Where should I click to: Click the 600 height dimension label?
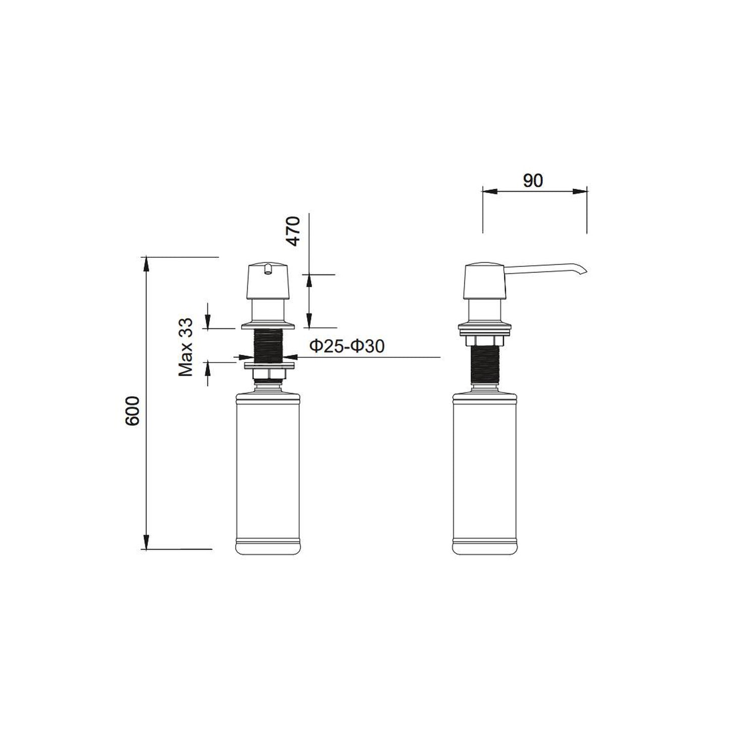click(132, 411)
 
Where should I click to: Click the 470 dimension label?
click(293, 231)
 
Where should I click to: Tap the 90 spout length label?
click(533, 181)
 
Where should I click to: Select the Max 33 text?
click(185, 347)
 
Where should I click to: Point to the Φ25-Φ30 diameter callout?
click(347, 346)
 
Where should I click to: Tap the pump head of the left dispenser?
click(268, 281)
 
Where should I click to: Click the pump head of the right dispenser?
click(485, 281)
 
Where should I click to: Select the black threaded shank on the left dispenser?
click(268, 346)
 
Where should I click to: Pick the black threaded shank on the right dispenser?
click(485, 365)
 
